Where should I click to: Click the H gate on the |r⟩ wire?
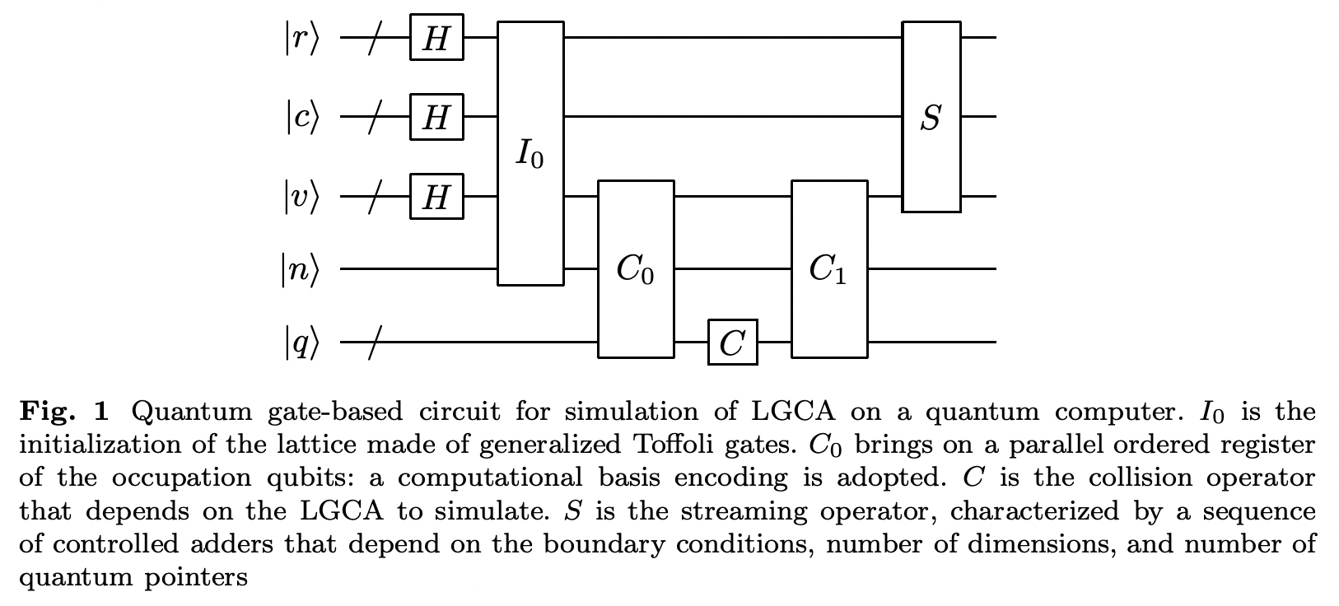[x=436, y=38]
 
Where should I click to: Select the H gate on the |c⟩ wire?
[x=436, y=117]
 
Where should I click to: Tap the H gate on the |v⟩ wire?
[x=436, y=197]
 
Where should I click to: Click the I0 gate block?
[x=530, y=154]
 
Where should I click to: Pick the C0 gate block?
[x=635, y=269]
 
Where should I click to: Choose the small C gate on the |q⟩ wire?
[x=732, y=342]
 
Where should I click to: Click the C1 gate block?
[x=828, y=269]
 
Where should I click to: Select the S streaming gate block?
[x=931, y=117]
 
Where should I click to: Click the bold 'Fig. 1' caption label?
[x=69, y=411]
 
